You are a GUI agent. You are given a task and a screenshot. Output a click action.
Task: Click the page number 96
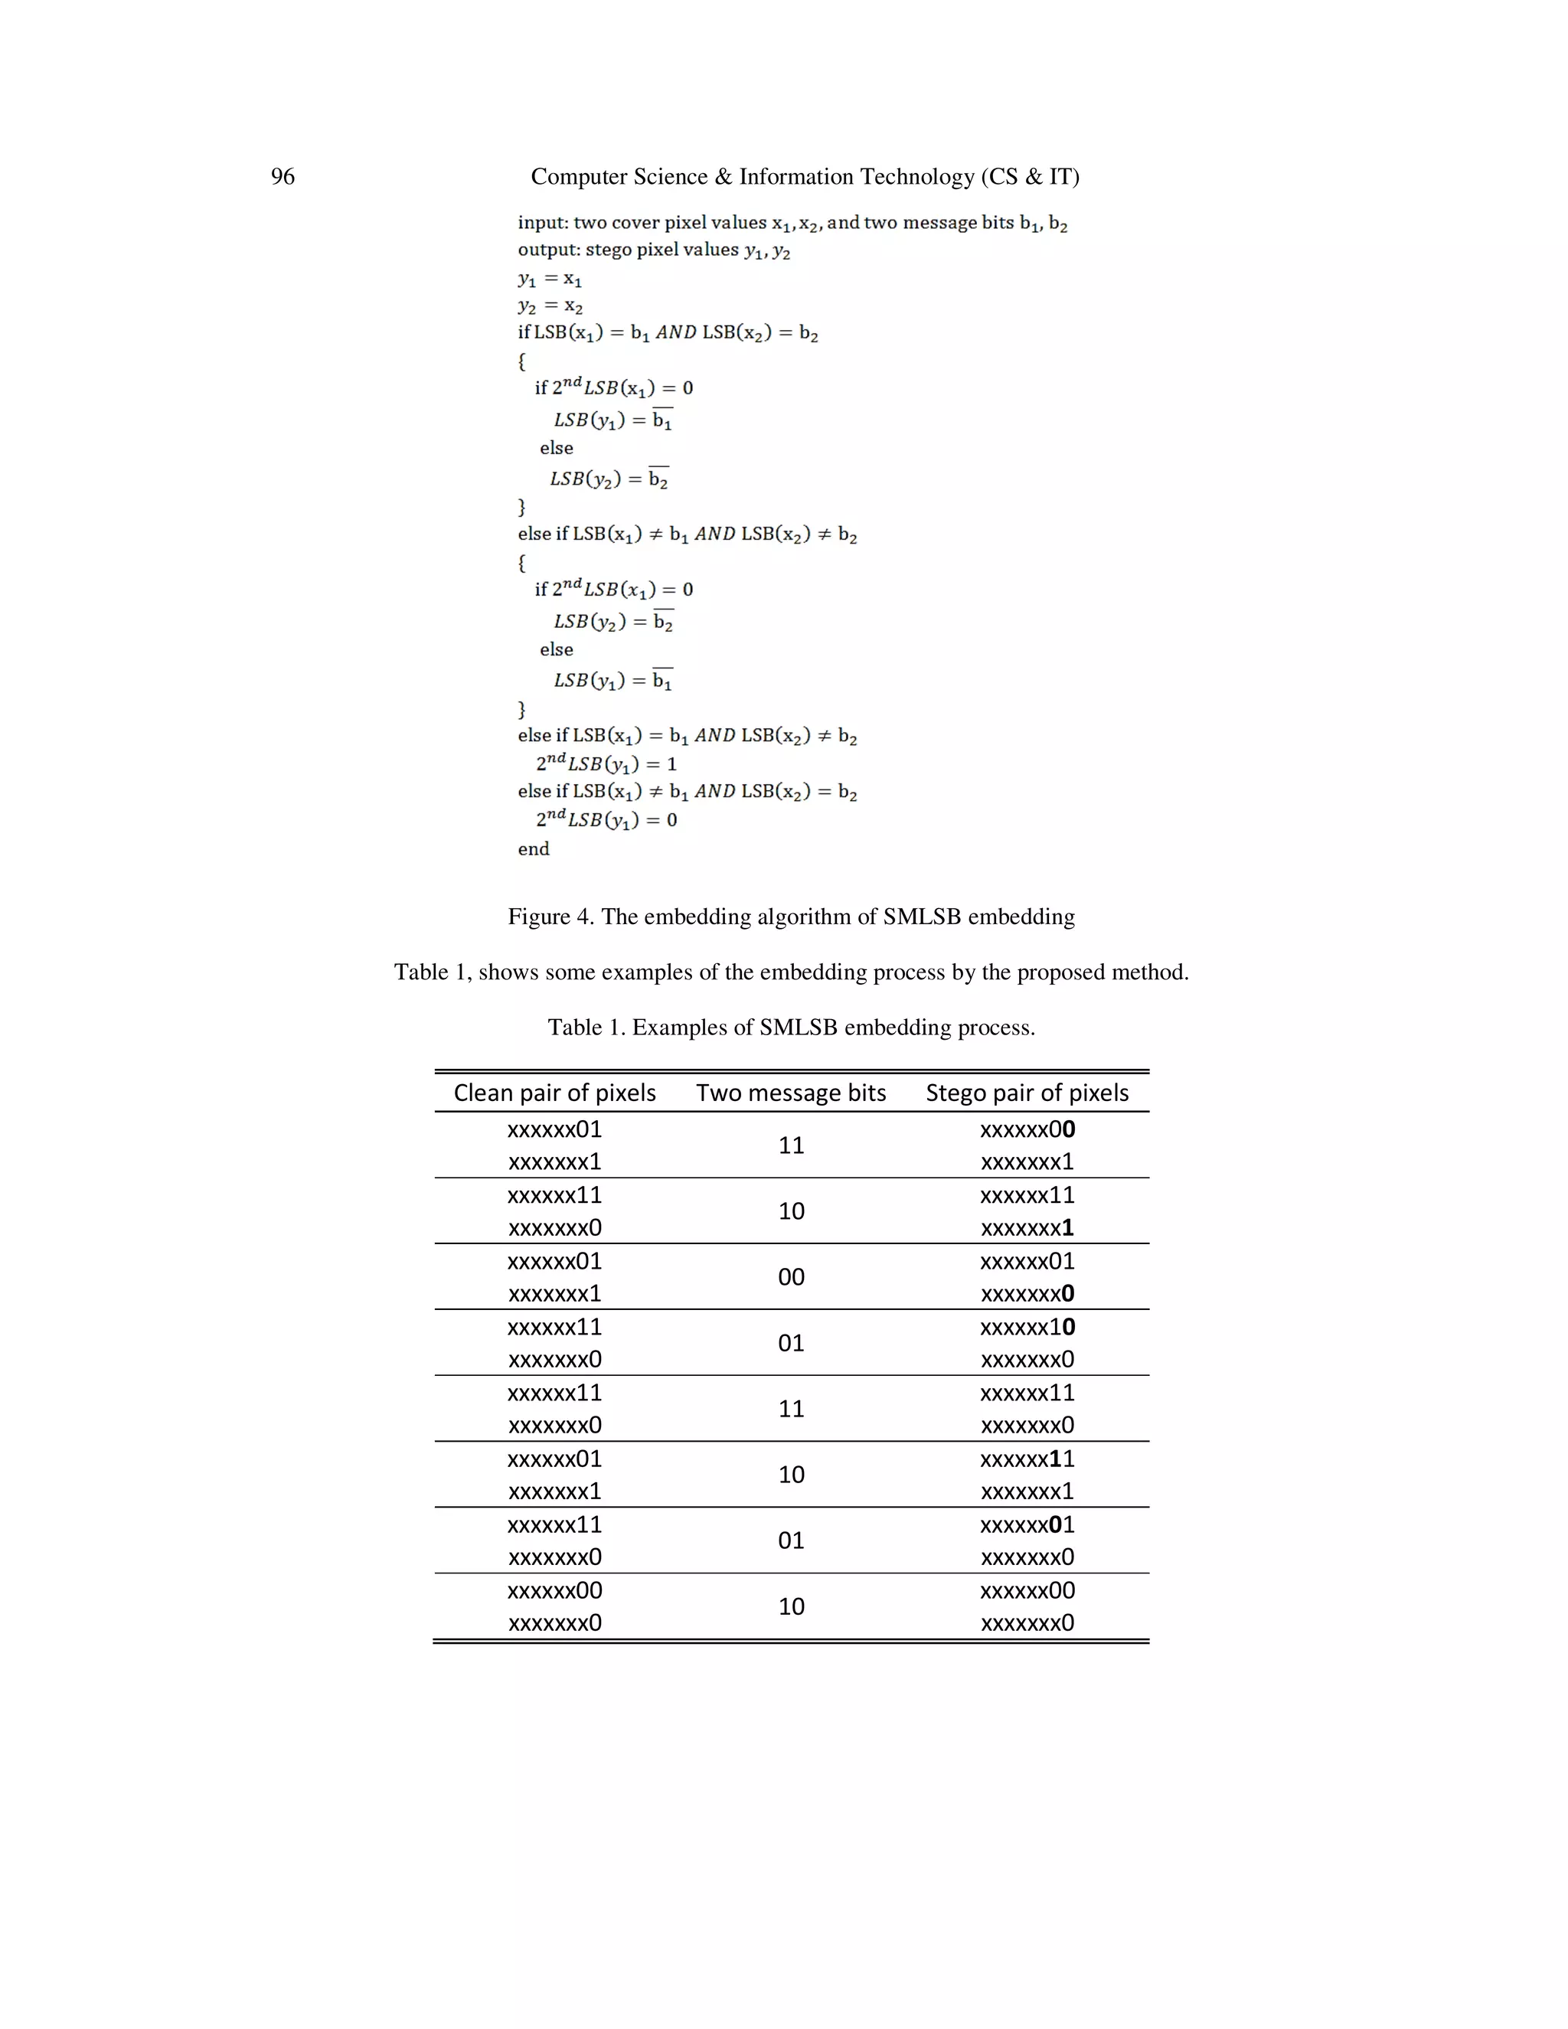[x=283, y=177]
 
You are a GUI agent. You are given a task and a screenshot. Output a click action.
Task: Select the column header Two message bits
[x=790, y=1093]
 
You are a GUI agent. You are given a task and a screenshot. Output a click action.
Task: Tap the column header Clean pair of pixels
[x=554, y=1093]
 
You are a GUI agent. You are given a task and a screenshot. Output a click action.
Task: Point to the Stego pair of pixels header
[x=1027, y=1093]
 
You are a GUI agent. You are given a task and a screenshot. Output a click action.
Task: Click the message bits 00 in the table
[x=790, y=1276]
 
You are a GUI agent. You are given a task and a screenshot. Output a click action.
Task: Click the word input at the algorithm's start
[x=541, y=223]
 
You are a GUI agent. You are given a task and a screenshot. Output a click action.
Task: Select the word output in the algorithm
[x=546, y=250]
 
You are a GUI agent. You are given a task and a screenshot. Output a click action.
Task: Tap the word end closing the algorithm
[x=533, y=849]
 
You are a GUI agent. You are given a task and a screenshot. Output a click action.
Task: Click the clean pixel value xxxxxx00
[x=554, y=1590]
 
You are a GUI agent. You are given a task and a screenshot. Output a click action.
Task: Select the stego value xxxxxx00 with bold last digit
[x=1027, y=1129]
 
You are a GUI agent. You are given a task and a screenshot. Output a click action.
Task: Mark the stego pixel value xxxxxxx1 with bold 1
[x=1027, y=1228]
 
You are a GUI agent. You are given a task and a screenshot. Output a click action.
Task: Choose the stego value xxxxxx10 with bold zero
[x=1027, y=1327]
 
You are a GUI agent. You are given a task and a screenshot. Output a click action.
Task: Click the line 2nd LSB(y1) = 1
[x=606, y=763]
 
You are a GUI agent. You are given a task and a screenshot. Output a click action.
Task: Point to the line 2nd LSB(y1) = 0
[x=606, y=819]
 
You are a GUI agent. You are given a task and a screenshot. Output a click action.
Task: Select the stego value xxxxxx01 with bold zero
[x=1027, y=1524]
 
